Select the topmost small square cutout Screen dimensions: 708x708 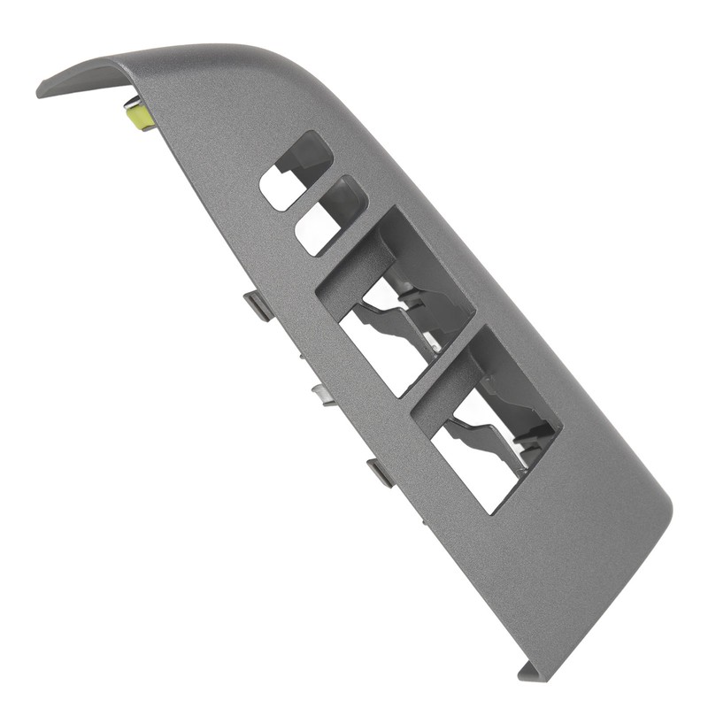click(x=296, y=171)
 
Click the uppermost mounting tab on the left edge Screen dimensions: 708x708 click(x=258, y=306)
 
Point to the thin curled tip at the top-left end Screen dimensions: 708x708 click(x=44, y=89)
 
